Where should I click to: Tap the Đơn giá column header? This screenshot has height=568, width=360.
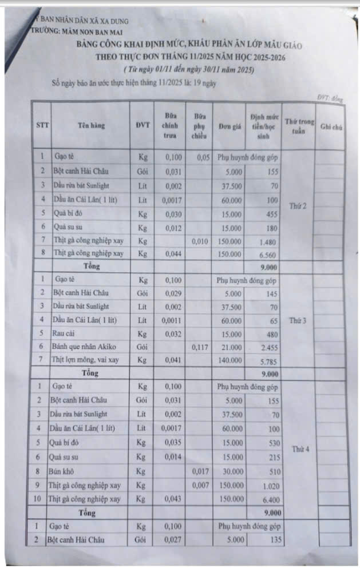click(x=229, y=126)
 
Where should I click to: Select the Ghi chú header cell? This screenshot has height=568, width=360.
click(x=331, y=126)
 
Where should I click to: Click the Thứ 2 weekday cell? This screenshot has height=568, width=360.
click(x=299, y=205)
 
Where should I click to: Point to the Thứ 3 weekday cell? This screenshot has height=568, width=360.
click(x=299, y=320)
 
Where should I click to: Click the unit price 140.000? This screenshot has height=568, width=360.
click(x=229, y=360)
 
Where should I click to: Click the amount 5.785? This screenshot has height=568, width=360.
click(x=268, y=360)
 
